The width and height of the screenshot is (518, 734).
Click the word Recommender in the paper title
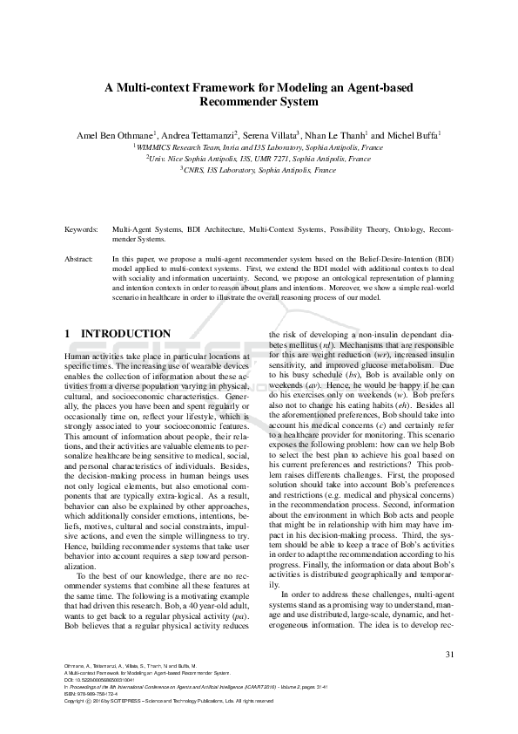pos(247,101)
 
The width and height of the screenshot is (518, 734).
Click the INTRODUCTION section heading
pos(125,334)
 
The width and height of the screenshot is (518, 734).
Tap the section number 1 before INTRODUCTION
pos(69,334)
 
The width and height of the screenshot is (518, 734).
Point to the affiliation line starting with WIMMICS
pos(258,148)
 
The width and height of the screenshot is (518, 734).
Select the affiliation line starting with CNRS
pos(258,170)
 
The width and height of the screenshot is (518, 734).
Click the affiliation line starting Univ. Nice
pos(258,160)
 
